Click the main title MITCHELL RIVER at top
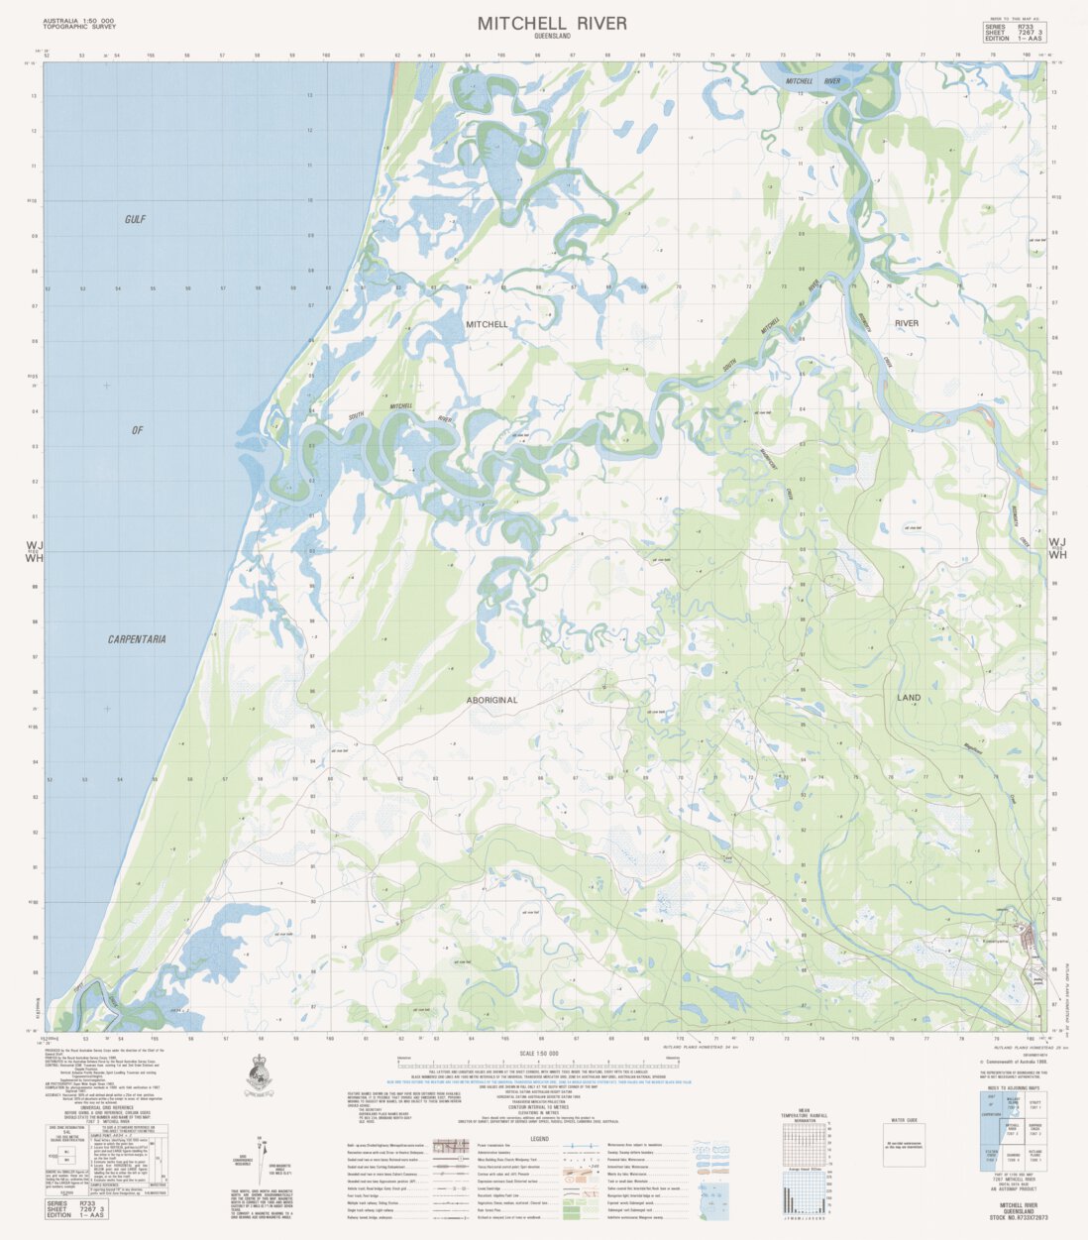coord(552,23)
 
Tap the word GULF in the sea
coord(135,219)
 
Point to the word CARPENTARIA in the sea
coord(137,639)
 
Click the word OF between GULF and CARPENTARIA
coord(138,430)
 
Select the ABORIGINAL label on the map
coord(491,700)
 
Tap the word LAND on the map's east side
coord(908,698)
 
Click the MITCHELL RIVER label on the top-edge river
coord(813,80)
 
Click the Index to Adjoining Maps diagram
coord(1010,1141)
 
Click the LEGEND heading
coord(539,1138)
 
